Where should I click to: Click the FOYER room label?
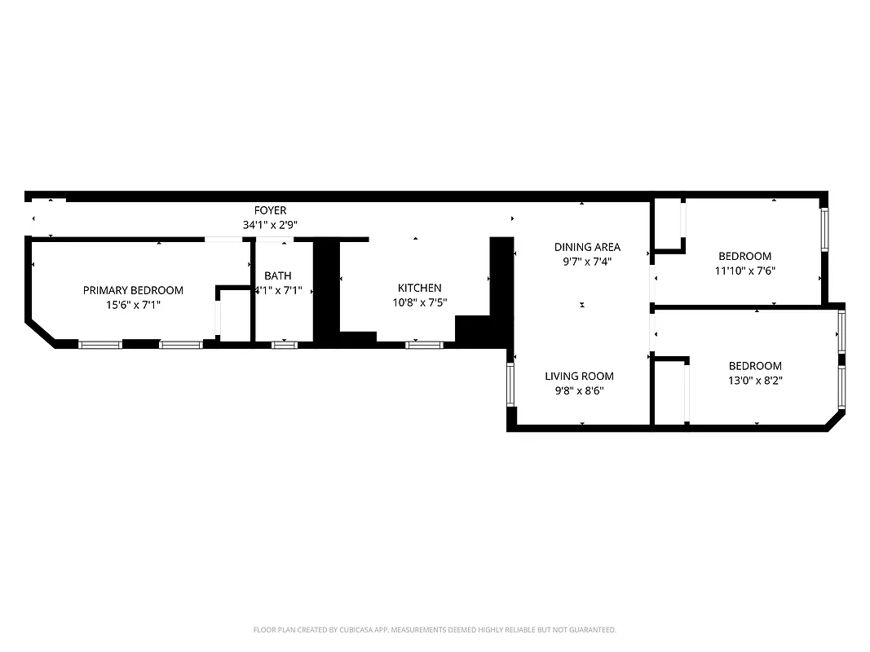point(270,210)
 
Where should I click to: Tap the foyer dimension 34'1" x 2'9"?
point(270,224)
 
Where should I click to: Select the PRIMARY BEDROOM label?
point(133,290)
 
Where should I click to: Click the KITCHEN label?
point(419,288)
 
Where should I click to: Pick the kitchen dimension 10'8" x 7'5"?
point(419,302)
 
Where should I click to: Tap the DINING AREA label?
point(587,247)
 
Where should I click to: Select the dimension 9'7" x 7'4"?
point(587,262)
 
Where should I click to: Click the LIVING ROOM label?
point(579,376)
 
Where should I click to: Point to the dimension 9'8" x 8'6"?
point(579,390)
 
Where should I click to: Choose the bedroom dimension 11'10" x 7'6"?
point(744,271)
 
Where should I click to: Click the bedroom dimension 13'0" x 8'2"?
point(755,380)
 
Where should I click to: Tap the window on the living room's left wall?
point(511,385)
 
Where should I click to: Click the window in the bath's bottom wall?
point(285,345)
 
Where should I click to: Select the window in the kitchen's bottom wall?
point(424,345)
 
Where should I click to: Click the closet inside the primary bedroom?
point(234,315)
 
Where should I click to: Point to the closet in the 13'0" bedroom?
point(671,392)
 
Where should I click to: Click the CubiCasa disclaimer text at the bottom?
point(435,630)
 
